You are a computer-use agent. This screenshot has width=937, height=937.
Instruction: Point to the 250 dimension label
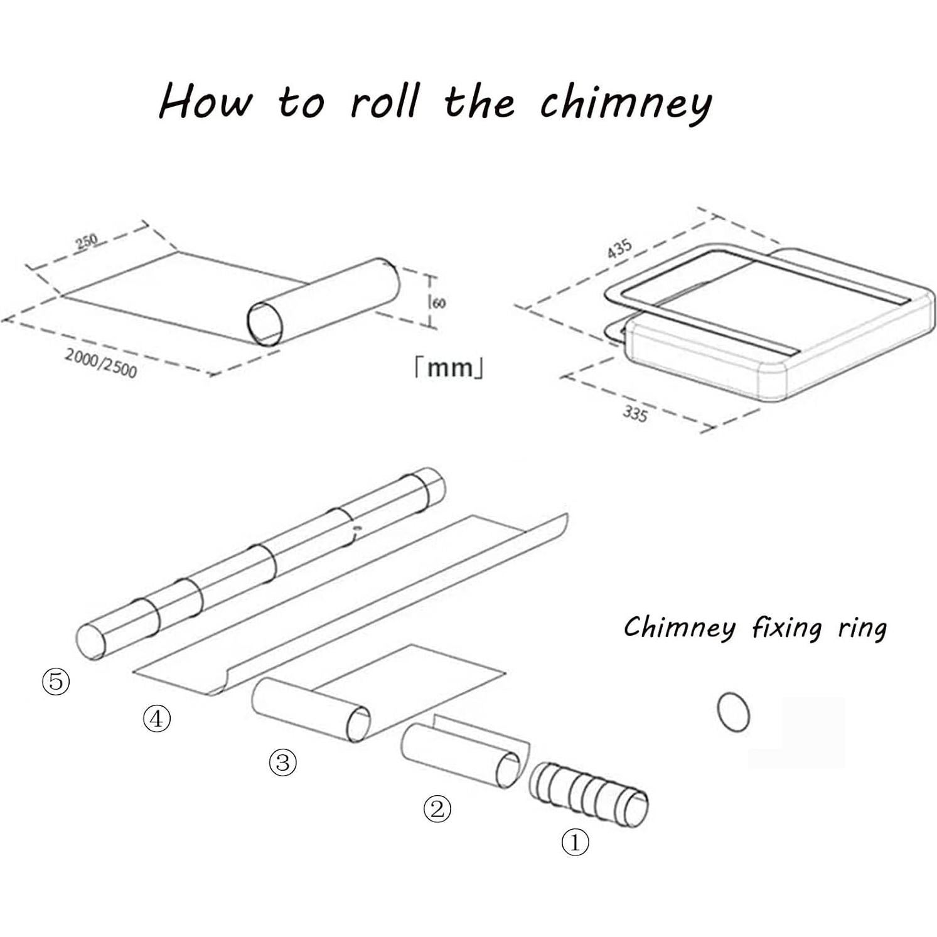click(87, 240)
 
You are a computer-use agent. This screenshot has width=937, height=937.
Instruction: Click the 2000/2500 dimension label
click(101, 363)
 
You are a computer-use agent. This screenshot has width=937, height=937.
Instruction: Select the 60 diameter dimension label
click(439, 303)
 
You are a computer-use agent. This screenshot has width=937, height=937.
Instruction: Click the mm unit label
click(449, 368)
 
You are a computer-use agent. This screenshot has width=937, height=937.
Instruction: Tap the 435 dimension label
click(619, 249)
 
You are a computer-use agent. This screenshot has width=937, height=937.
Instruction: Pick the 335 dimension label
click(635, 414)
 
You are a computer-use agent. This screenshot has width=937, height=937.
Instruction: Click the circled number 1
click(575, 842)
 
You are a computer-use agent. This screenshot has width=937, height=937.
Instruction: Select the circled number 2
click(437, 809)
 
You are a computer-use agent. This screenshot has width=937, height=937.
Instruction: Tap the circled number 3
click(283, 763)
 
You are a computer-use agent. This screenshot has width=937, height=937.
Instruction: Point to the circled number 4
click(157, 719)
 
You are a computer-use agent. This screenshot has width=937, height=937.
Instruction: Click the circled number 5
click(56, 681)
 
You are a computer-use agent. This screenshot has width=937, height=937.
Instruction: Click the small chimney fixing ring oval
click(733, 712)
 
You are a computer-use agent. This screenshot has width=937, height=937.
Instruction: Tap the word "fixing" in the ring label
click(786, 628)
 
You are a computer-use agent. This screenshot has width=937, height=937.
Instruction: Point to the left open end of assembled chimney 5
click(91, 640)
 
